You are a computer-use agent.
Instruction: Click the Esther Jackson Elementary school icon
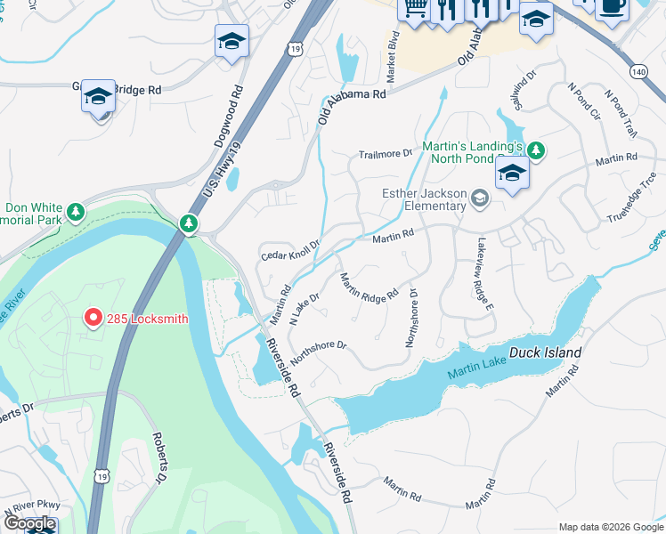[x=481, y=198]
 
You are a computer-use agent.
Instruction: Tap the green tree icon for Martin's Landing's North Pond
[x=535, y=148]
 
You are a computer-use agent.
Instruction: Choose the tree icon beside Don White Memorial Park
[x=77, y=212]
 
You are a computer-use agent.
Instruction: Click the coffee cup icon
[x=612, y=6]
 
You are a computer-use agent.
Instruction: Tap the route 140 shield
[x=637, y=69]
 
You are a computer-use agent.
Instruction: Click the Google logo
[x=28, y=522]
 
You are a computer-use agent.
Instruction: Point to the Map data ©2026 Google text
[x=610, y=526]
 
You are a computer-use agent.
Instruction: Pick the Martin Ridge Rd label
[x=369, y=287]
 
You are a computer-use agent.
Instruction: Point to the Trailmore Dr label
[x=386, y=153]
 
